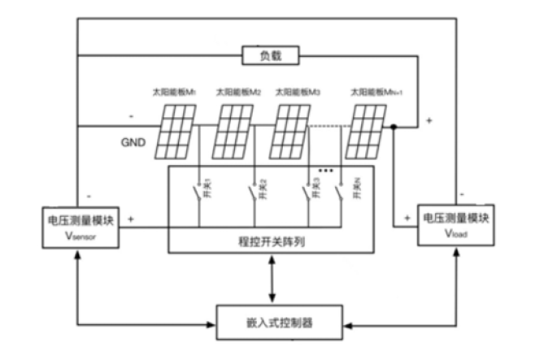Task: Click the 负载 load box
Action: pos(272,55)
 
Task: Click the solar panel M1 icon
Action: pos(176,131)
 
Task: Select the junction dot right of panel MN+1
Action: pos(394,126)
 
